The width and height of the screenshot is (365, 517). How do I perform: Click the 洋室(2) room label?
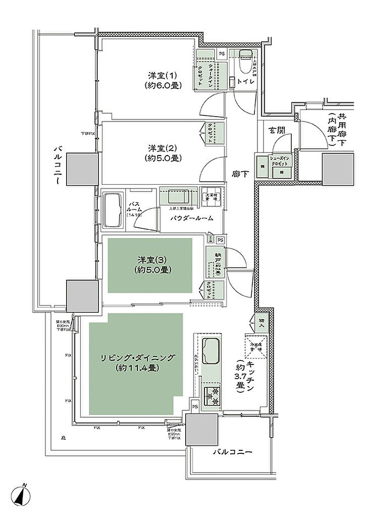[162, 153]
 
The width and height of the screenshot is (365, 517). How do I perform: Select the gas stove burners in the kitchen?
[213, 397]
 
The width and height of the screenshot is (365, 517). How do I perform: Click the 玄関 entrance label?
[277, 130]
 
